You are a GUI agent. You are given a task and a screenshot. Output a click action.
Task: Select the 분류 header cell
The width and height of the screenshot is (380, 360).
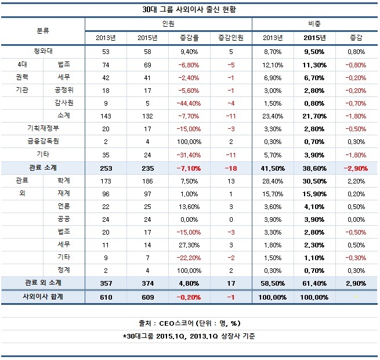point(42,31)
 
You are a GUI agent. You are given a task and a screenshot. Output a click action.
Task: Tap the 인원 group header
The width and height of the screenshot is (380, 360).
point(168,24)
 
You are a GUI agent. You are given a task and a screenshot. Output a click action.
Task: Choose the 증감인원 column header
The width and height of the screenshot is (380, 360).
point(231,38)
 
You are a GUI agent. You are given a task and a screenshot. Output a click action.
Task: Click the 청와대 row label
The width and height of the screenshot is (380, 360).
point(42,52)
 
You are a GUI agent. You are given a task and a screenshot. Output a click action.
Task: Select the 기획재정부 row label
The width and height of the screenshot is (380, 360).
point(42,128)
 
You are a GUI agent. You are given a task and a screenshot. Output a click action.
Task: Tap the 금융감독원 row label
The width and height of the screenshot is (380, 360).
point(42,141)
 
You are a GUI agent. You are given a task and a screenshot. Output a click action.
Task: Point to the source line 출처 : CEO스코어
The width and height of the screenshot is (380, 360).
point(189,324)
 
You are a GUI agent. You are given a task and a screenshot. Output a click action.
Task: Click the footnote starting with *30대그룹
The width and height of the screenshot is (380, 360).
point(189,336)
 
